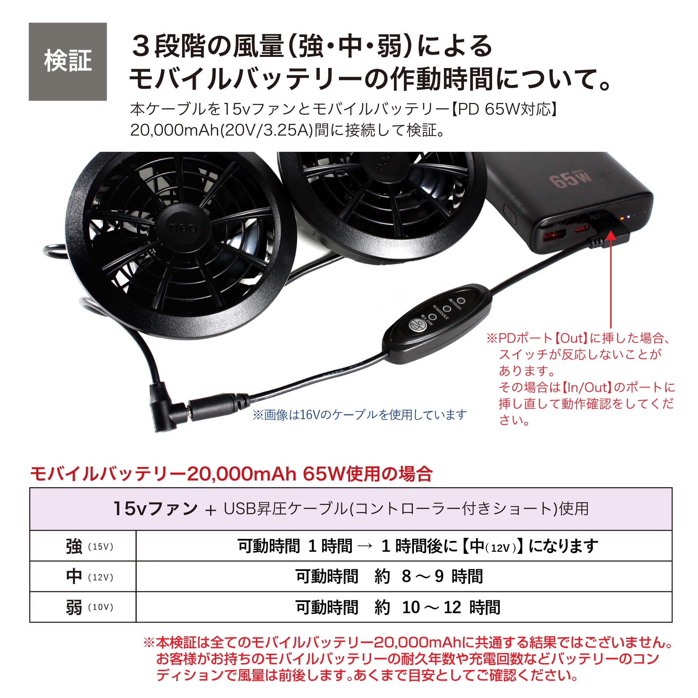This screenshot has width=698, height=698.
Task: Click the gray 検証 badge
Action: [x=68, y=61]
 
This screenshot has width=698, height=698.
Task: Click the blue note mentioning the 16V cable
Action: [x=359, y=415]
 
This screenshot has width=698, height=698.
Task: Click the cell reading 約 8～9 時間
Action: [x=389, y=577]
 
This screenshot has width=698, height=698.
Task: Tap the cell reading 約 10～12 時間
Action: [x=398, y=607]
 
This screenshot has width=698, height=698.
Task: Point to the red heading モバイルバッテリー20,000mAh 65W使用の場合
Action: [x=231, y=474]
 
